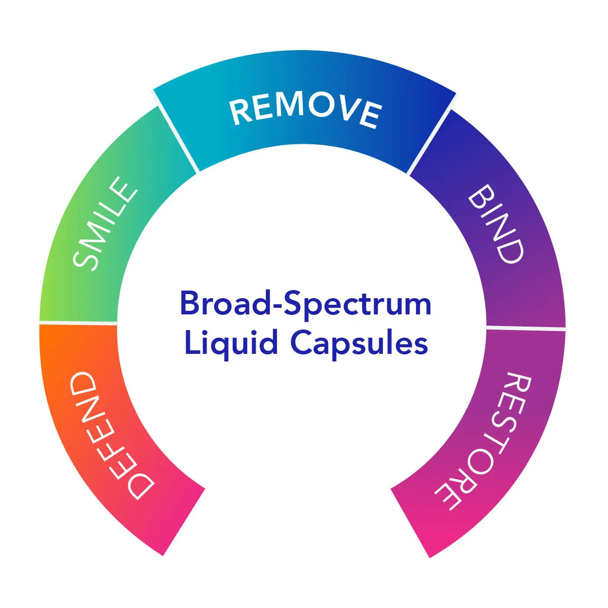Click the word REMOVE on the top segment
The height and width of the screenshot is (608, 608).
[305, 111]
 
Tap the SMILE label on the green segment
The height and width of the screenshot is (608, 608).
[105, 223]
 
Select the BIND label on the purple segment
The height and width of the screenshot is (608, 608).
[495, 223]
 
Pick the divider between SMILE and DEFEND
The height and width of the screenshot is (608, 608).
[78, 322]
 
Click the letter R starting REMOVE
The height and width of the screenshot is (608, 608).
[240, 112]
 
